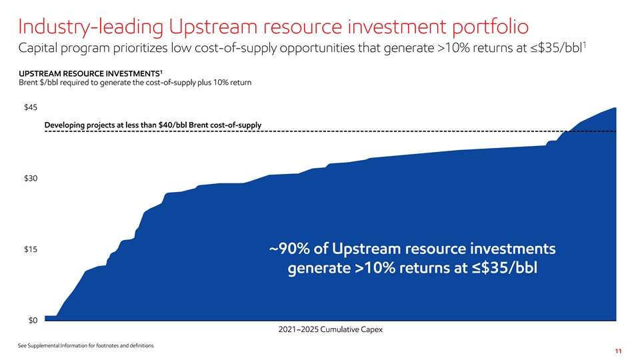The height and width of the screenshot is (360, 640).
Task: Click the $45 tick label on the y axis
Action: click(31, 107)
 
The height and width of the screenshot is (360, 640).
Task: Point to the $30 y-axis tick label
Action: click(31, 179)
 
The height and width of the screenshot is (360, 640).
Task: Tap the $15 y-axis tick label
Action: click(31, 249)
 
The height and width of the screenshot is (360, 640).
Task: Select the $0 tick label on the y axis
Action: click(33, 321)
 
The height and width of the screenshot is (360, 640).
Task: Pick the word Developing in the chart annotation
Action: click(64, 125)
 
